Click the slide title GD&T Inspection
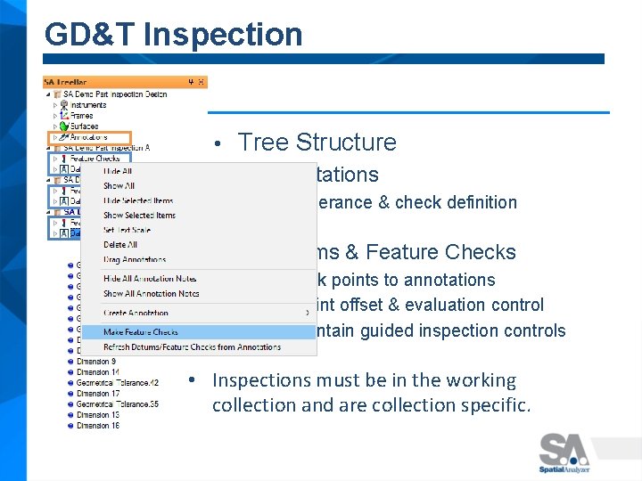[x=173, y=35]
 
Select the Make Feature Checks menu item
[x=141, y=332]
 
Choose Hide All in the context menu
[x=118, y=171]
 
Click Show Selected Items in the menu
[x=139, y=216]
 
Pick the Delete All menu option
[x=120, y=244]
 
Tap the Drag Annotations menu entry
[x=134, y=259]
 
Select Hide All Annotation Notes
[x=151, y=279]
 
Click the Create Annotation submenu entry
[x=136, y=313]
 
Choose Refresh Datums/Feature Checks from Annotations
[x=192, y=346]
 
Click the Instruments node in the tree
[x=88, y=105]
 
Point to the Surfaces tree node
[x=85, y=126]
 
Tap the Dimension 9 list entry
[x=96, y=361]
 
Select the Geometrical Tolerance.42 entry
[x=117, y=382]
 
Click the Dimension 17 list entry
[x=97, y=393]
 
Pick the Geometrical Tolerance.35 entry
[x=117, y=404]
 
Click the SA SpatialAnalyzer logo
[x=564, y=452]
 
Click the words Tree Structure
[x=317, y=143]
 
